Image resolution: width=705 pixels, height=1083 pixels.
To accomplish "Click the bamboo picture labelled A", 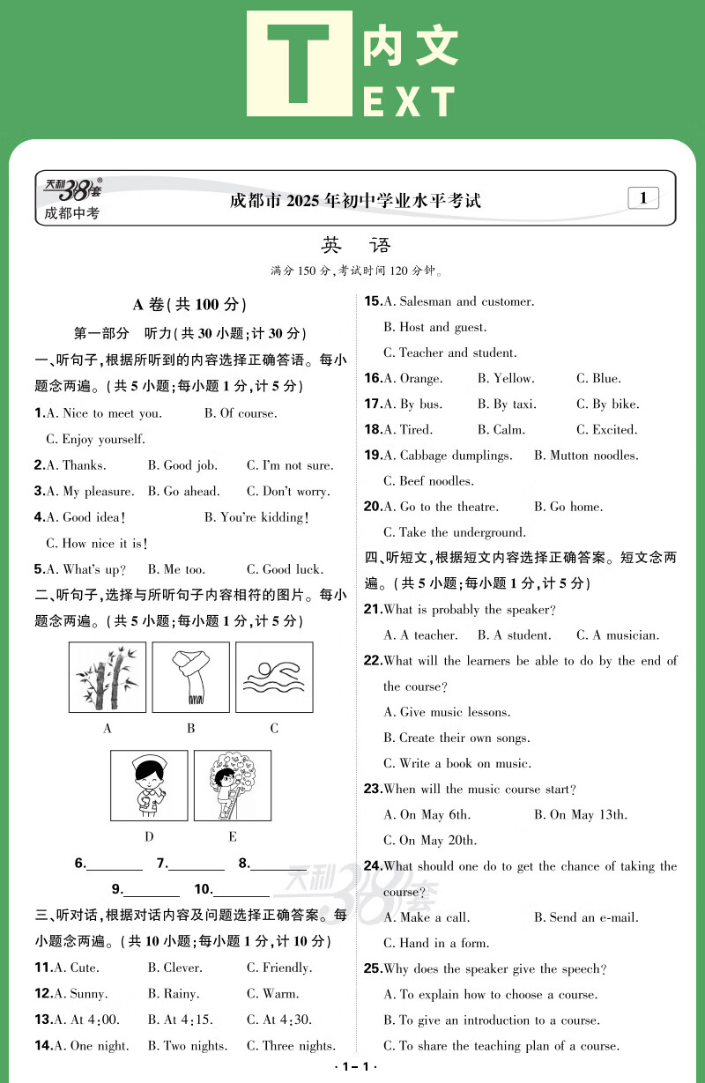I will tap(108, 677).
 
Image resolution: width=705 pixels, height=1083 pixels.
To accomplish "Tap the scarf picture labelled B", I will tap(190, 677).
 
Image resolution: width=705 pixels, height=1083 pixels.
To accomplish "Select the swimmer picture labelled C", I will tap(274, 677).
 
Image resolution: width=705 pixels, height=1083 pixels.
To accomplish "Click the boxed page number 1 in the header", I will tap(643, 198).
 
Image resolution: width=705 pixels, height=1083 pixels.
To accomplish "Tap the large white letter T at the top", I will tap(300, 63).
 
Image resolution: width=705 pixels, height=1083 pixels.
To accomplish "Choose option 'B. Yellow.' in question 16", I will tap(506, 379).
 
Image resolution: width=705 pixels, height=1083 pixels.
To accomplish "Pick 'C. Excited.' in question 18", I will tap(606, 430).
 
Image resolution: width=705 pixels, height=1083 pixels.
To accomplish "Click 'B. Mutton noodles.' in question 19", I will tap(586, 456).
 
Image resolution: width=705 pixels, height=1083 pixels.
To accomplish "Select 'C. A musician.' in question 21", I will tap(618, 635).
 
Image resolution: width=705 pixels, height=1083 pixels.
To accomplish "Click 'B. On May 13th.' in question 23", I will tap(581, 815).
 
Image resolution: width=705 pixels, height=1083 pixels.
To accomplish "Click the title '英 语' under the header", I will tap(356, 246).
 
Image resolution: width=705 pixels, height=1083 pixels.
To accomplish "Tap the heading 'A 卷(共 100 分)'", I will tap(189, 305).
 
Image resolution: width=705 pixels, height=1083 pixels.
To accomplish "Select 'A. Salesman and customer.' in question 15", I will tap(458, 302).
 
